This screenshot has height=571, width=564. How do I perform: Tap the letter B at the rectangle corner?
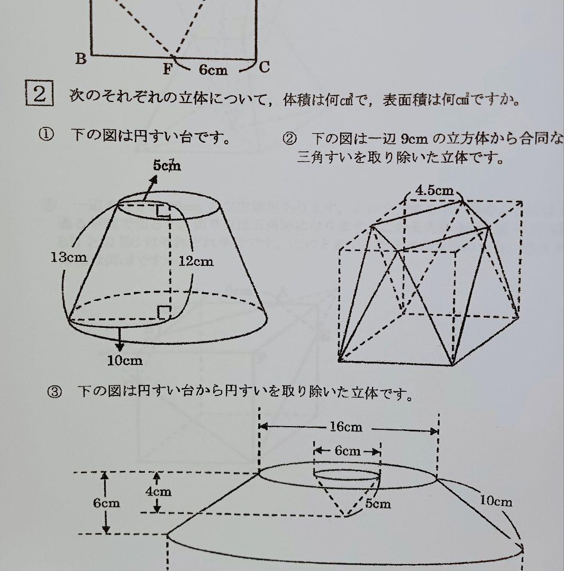point(80,59)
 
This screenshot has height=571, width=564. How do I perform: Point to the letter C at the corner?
point(265,67)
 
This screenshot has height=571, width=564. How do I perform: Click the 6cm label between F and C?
point(213,70)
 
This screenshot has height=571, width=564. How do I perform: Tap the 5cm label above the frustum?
point(167,165)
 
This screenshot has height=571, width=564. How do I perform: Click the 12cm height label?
point(196,261)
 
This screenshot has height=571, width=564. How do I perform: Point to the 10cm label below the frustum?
point(125,361)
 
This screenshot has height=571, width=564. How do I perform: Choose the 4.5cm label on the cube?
point(434,191)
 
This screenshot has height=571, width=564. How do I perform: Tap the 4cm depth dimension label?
point(158,492)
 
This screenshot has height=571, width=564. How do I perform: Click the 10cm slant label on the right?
point(496,500)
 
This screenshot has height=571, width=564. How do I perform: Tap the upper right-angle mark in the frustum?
point(163,213)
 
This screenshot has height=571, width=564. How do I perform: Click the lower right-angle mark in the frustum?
point(163,312)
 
